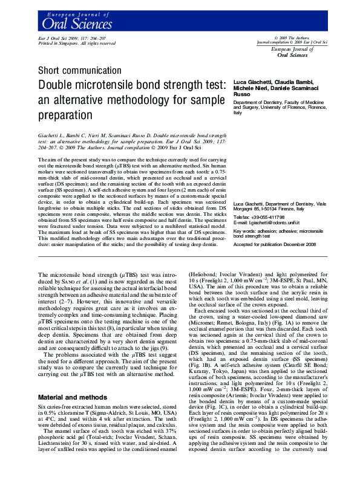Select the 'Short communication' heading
pos(74,71)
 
